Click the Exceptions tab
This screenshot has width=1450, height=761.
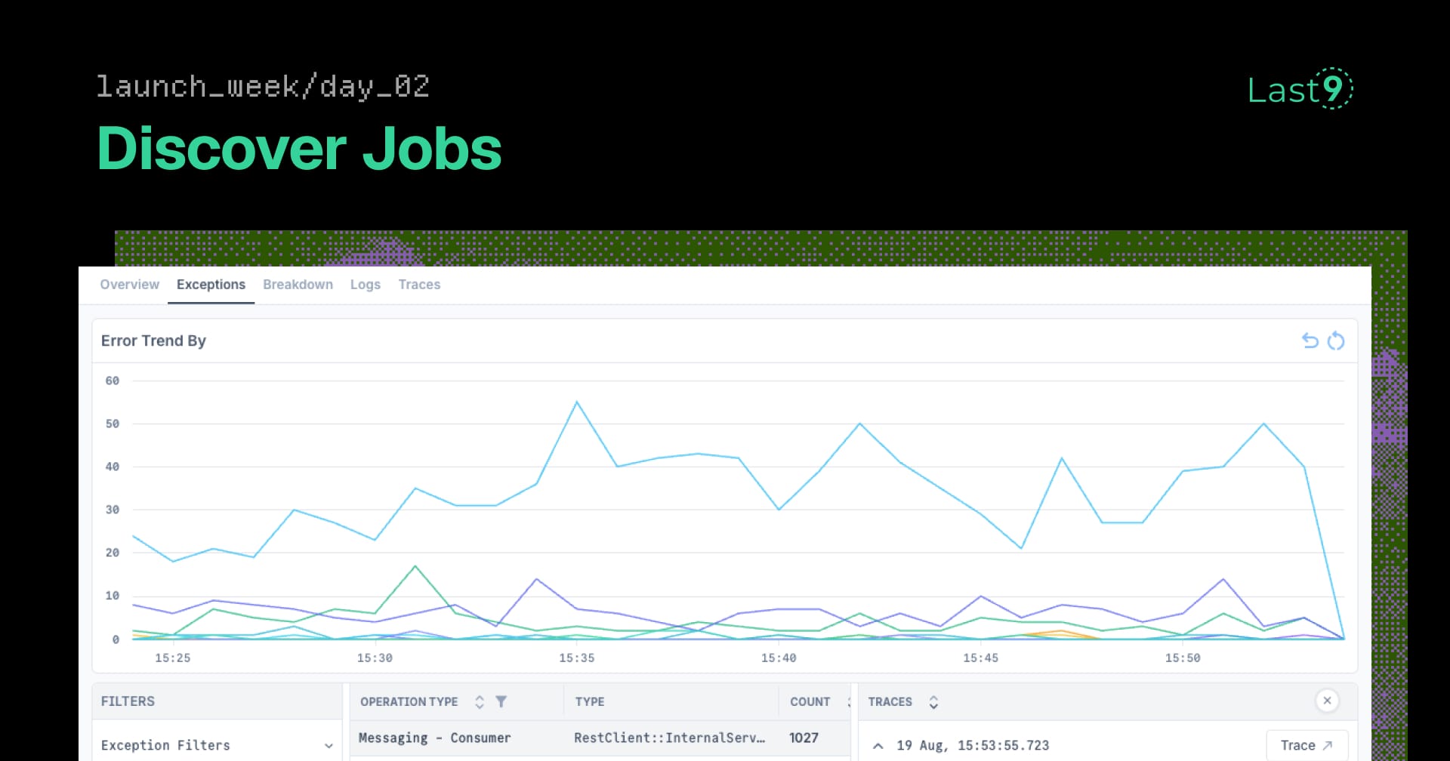click(x=211, y=285)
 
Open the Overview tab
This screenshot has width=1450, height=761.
click(x=129, y=285)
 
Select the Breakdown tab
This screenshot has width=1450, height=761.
click(x=298, y=285)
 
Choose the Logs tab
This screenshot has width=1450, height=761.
click(x=365, y=285)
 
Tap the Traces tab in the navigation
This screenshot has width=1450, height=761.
click(x=419, y=285)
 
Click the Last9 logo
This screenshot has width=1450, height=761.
click(x=1300, y=89)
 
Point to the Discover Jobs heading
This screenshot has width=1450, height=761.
click(x=299, y=149)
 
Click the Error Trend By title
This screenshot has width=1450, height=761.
click(x=153, y=340)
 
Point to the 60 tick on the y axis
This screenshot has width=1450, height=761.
click(x=112, y=380)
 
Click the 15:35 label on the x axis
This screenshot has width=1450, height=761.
click(x=576, y=658)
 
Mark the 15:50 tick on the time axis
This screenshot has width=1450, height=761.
click(x=1182, y=658)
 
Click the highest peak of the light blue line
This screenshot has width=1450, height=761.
click(x=577, y=402)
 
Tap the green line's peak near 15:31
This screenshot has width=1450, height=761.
click(x=415, y=566)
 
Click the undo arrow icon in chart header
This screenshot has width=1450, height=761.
click(x=1310, y=340)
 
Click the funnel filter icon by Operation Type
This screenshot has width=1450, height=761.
click(x=501, y=701)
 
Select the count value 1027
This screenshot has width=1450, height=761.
click(x=804, y=738)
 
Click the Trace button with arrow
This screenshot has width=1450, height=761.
click(x=1307, y=745)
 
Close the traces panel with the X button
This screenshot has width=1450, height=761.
click(x=1327, y=701)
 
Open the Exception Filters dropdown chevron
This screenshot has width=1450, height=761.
click(x=329, y=746)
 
